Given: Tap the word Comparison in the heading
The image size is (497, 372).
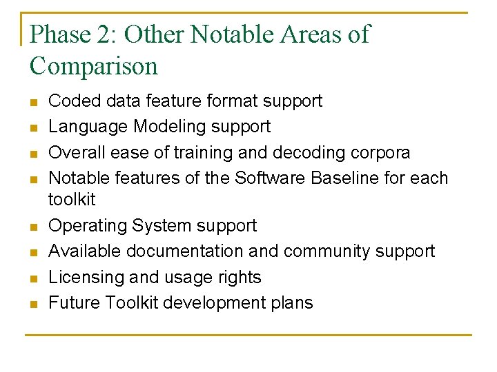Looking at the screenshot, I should tap(94, 66).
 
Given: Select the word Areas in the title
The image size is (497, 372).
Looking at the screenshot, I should tap(306, 34).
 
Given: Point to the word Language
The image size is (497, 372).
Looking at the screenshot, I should tap(88, 127).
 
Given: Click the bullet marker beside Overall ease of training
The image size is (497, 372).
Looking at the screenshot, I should tap(32, 153).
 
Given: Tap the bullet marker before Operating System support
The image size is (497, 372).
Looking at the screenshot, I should tap(32, 227).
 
